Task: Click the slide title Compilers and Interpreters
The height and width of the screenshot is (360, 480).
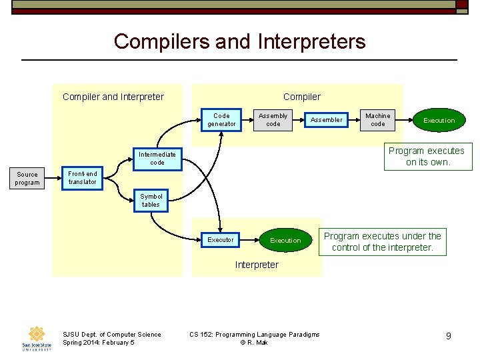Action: pyautogui.click(x=239, y=41)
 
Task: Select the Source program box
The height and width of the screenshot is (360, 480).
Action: pyautogui.click(x=27, y=179)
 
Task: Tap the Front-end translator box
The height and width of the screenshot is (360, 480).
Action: pyautogui.click(x=83, y=178)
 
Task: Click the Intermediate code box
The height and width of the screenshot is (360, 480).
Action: pyautogui.click(x=157, y=159)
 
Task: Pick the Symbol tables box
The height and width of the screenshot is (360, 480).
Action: pyautogui.click(x=151, y=201)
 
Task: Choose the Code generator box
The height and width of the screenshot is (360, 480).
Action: pyautogui.click(x=221, y=120)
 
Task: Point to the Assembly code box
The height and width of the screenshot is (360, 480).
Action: pyautogui.click(x=273, y=120)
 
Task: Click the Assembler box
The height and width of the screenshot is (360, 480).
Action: pyautogui.click(x=327, y=120)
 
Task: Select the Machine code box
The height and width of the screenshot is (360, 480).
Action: pyautogui.click(x=378, y=120)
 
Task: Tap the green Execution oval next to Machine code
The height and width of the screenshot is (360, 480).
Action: pyautogui.click(x=439, y=121)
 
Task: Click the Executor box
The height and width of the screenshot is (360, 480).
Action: pyautogui.click(x=221, y=240)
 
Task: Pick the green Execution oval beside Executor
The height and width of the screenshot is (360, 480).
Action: pyautogui.click(x=285, y=240)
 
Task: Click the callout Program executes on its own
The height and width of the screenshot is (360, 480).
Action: pyautogui.click(x=427, y=157)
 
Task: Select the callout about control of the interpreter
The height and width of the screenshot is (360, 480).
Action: pyautogui.click(x=383, y=241)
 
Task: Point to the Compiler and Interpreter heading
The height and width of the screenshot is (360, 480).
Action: pyautogui.click(x=113, y=97)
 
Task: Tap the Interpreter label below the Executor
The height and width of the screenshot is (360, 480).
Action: pyautogui.click(x=257, y=265)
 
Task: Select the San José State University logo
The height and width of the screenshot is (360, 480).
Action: pyautogui.click(x=36, y=339)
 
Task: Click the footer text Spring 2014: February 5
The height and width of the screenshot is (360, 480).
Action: pyautogui.click(x=98, y=343)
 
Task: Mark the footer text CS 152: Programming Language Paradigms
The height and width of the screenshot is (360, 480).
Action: pyautogui.click(x=255, y=334)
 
